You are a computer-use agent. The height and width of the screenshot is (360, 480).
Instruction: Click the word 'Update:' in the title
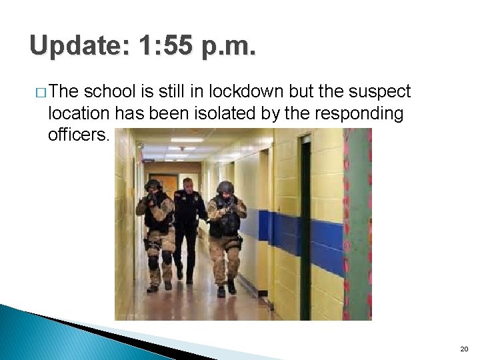(80, 46)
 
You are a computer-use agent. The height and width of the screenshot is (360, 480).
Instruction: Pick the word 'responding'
(363, 114)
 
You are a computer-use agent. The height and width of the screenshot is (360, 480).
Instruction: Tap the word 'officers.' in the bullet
(77, 135)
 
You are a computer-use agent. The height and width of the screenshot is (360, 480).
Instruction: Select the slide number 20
(464, 349)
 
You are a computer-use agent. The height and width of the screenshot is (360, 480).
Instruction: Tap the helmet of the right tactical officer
(226, 186)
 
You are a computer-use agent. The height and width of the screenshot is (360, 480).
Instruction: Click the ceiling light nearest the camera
(187, 140)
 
